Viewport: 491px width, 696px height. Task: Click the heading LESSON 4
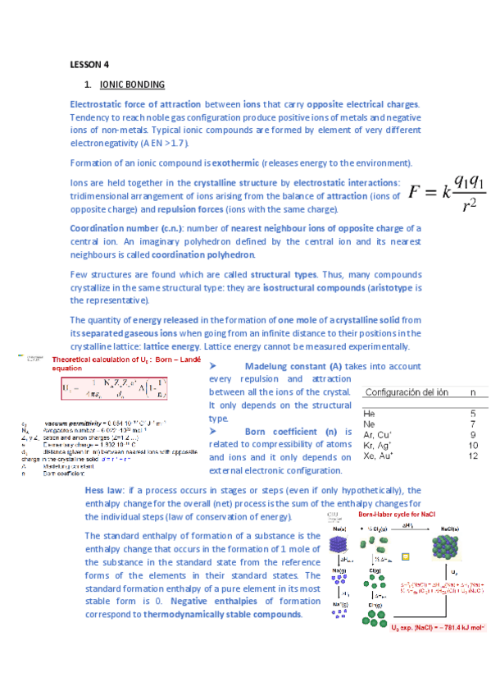coord(89,64)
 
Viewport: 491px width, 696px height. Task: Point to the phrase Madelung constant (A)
coord(296,365)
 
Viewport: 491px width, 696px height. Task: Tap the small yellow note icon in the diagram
coord(404,558)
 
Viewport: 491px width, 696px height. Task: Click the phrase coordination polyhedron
coord(196,254)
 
